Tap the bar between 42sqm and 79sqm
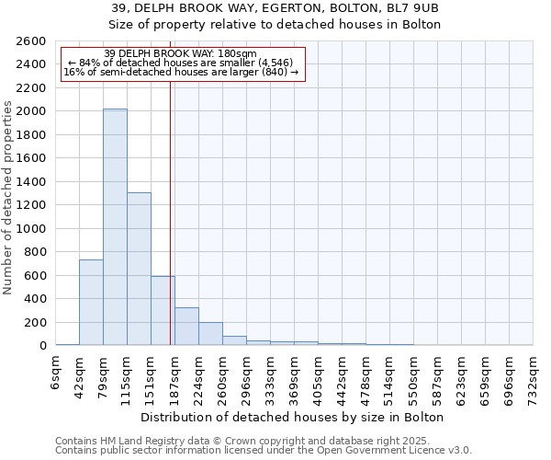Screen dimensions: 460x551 tap(91, 303)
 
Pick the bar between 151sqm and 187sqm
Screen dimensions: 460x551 tap(163, 311)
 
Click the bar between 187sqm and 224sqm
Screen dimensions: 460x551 tap(186, 327)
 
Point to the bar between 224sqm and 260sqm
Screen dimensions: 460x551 tap(210, 334)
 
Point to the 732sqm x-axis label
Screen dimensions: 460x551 tap(534, 375)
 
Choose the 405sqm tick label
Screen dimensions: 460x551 tap(319, 375)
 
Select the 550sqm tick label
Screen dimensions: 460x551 tap(414, 375)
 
